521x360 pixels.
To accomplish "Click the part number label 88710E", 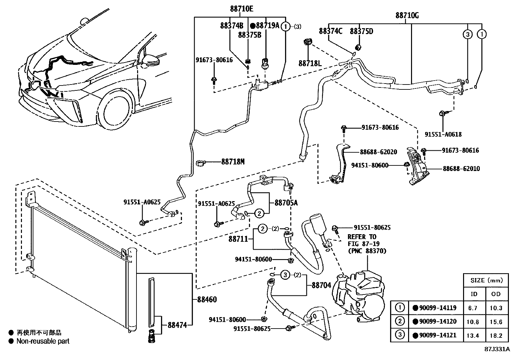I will (242, 9).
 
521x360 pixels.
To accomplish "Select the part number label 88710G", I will (407, 15).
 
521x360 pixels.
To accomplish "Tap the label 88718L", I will (310, 63).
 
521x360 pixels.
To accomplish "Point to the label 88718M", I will (233, 161).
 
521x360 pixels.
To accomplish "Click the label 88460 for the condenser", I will (207, 299).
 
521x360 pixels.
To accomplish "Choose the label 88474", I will (177, 325).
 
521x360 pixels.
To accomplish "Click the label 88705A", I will (286, 203).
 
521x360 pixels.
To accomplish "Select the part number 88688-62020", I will (379, 152).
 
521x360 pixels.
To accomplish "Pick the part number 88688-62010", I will (461, 169).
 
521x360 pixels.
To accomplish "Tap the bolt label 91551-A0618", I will (443, 134).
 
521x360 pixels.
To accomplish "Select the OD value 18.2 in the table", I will (496, 335).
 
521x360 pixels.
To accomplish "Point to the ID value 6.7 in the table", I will (474, 308).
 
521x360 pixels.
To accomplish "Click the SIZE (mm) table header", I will (486, 280).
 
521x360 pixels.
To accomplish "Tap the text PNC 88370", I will (367, 251).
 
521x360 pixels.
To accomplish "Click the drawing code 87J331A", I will (497, 349).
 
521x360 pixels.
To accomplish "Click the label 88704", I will (321, 285).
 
